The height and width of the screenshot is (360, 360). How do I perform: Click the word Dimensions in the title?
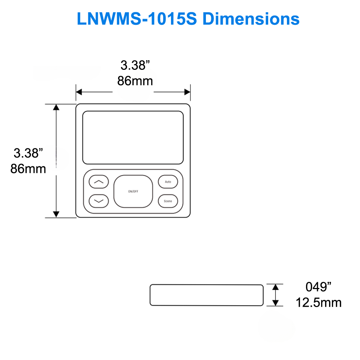click(251, 19)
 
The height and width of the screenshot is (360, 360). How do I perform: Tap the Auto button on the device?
click(168, 182)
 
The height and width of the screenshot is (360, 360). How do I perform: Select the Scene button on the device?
click(168, 201)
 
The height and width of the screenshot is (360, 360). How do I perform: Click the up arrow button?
click(98, 182)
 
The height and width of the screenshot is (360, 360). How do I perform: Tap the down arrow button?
click(98, 201)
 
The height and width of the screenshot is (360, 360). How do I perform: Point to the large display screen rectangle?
click(133, 138)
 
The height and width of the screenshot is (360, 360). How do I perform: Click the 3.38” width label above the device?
click(135, 65)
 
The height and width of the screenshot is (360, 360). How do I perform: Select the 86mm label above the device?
click(135, 81)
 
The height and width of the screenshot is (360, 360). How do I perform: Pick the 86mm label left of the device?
click(28, 168)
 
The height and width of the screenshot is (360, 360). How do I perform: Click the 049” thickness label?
click(318, 287)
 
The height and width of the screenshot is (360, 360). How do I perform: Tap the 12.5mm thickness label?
click(319, 302)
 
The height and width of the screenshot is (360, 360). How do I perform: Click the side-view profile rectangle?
click(206, 295)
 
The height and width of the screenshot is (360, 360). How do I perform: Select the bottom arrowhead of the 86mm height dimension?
click(56, 214)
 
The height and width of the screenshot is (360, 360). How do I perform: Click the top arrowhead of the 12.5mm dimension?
click(275, 287)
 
